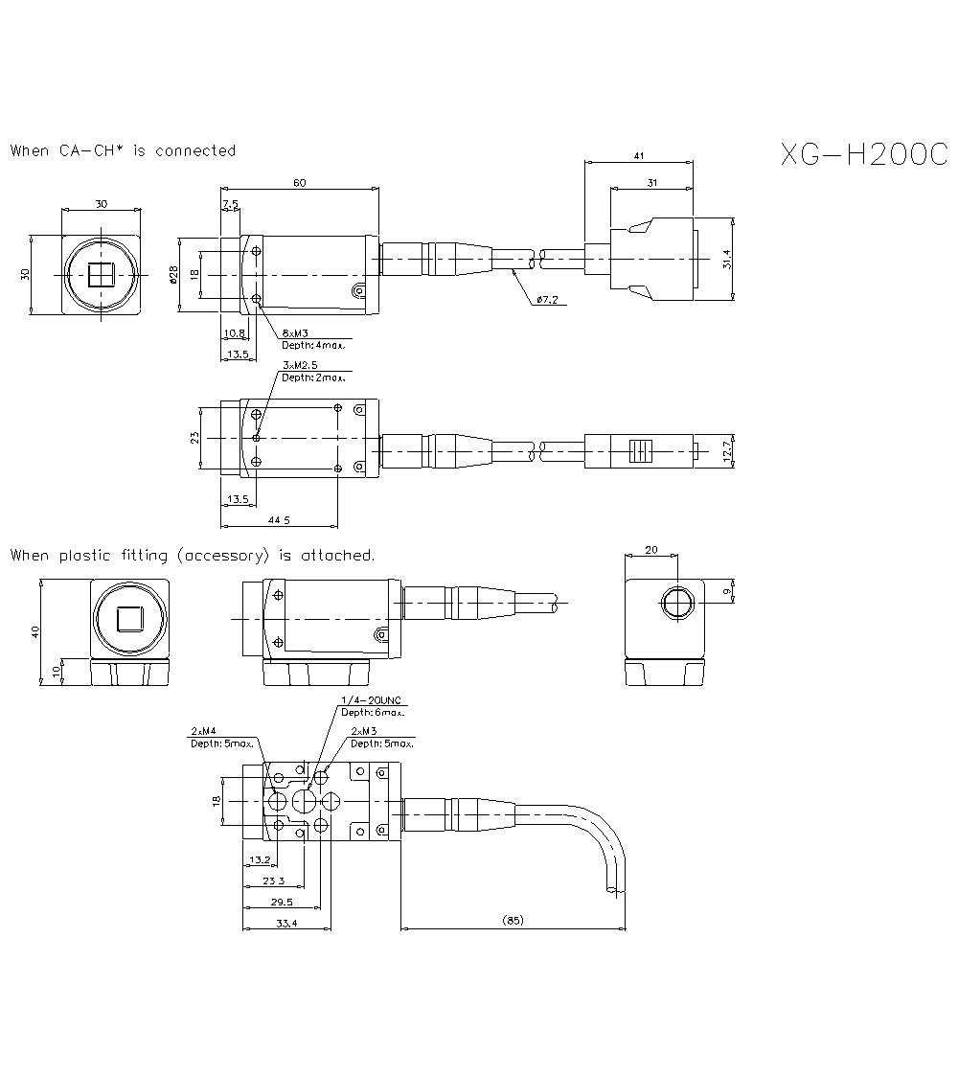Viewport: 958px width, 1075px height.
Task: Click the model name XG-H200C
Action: [863, 154]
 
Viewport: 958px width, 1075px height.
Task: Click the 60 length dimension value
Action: [300, 183]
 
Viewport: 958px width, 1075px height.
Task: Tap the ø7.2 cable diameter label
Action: [546, 300]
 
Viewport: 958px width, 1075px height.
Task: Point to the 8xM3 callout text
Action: [294, 333]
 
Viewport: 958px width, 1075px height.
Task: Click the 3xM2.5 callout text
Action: [298, 366]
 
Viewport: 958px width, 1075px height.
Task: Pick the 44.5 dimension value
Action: [279, 519]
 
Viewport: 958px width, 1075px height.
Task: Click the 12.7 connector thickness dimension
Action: [727, 450]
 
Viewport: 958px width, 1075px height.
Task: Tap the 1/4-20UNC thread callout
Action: [372, 700]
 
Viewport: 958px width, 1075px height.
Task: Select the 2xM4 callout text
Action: [204, 731]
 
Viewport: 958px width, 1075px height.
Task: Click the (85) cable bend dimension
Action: [513, 921]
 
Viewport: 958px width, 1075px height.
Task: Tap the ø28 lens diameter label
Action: [172, 275]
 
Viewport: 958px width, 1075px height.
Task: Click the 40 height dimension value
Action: [35, 632]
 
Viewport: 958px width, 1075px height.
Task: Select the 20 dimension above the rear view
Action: [651, 550]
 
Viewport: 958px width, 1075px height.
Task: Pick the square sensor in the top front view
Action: [101, 275]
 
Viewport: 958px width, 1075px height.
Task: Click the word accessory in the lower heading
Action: [225, 556]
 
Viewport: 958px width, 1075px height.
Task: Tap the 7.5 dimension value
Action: [230, 204]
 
